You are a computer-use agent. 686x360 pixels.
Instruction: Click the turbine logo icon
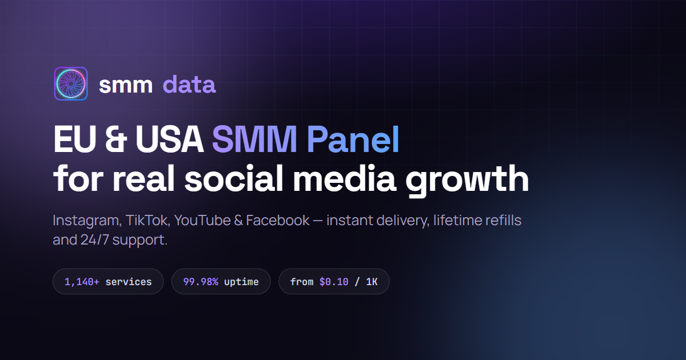[71, 83]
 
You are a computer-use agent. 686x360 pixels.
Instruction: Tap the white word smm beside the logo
[126, 85]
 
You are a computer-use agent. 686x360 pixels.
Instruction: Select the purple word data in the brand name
[189, 84]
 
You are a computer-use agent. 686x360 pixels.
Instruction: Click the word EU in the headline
[75, 139]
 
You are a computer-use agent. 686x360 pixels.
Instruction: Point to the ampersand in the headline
[115, 139]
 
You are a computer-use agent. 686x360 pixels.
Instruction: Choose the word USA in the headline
[170, 139]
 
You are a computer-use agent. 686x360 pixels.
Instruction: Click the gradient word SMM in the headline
[254, 139]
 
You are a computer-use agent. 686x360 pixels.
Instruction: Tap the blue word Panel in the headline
[353, 139]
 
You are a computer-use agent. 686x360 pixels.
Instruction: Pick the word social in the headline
[234, 178]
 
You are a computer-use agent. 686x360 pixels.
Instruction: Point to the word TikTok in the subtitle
[147, 221]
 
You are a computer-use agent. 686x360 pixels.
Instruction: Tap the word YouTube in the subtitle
[202, 221]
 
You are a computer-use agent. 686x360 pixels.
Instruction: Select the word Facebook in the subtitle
[277, 221]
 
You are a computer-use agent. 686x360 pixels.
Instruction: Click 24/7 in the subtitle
[95, 239]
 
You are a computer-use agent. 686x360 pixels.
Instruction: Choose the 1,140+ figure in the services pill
[82, 282]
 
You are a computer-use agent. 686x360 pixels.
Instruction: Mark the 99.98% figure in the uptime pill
[201, 282]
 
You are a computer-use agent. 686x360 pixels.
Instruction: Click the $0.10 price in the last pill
[334, 281]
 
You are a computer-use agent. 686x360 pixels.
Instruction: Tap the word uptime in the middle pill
[241, 282]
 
